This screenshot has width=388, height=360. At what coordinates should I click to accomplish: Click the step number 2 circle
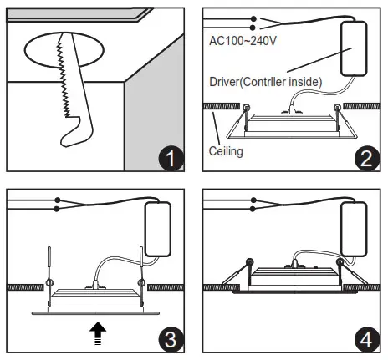[x=365, y=157]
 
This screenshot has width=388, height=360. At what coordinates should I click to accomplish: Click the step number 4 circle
[x=365, y=338]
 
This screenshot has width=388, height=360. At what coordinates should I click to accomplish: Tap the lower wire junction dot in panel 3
[x=57, y=209]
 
